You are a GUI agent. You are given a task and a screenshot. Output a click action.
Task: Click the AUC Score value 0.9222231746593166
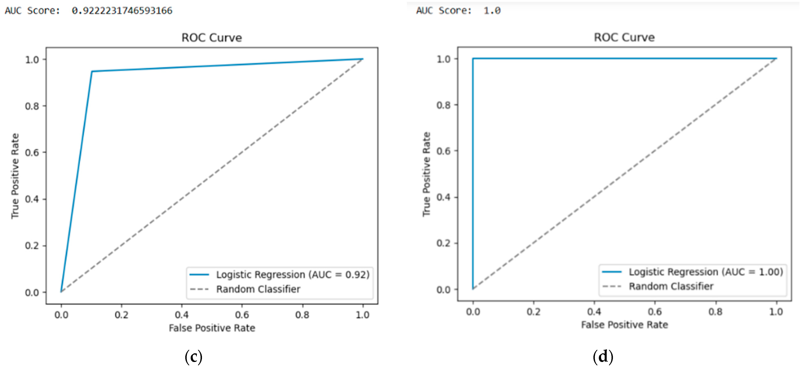[122, 11]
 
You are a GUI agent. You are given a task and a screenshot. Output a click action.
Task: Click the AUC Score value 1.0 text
[492, 11]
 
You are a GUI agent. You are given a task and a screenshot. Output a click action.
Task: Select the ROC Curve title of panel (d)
[624, 37]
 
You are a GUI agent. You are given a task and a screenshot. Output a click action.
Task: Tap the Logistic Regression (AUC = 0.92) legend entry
[292, 275]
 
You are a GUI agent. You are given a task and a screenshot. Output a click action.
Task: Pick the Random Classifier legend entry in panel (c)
[258, 289]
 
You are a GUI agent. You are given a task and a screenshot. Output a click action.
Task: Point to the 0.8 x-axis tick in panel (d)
[716, 312]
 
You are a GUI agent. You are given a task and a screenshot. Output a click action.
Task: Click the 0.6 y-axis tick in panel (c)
[32, 152]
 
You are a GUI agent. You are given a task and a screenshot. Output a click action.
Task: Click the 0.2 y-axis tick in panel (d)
[443, 243]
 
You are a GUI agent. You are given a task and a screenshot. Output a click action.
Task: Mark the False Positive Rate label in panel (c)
[212, 328]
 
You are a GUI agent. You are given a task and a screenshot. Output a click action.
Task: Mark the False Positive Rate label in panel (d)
[624, 325]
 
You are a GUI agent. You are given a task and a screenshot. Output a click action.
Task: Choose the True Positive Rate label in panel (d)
[426, 174]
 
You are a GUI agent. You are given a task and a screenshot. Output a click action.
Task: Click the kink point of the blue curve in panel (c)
[92, 72]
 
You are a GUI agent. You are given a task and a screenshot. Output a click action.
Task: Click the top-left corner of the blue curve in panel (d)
[473, 58]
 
